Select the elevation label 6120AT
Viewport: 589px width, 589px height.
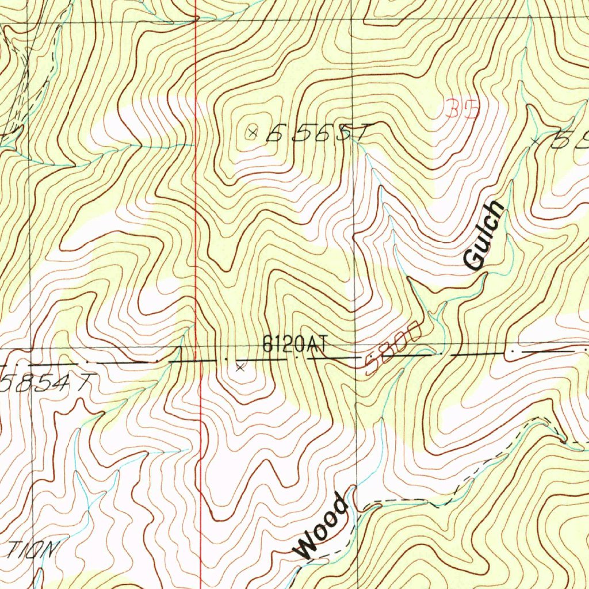[x=294, y=345]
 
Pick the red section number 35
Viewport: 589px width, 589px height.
[x=461, y=109]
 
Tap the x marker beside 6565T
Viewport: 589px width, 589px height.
[x=252, y=133]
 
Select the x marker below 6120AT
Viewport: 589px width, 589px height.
[x=240, y=367]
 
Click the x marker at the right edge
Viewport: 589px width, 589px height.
[x=536, y=140]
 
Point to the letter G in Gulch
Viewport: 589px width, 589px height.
[x=473, y=261]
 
